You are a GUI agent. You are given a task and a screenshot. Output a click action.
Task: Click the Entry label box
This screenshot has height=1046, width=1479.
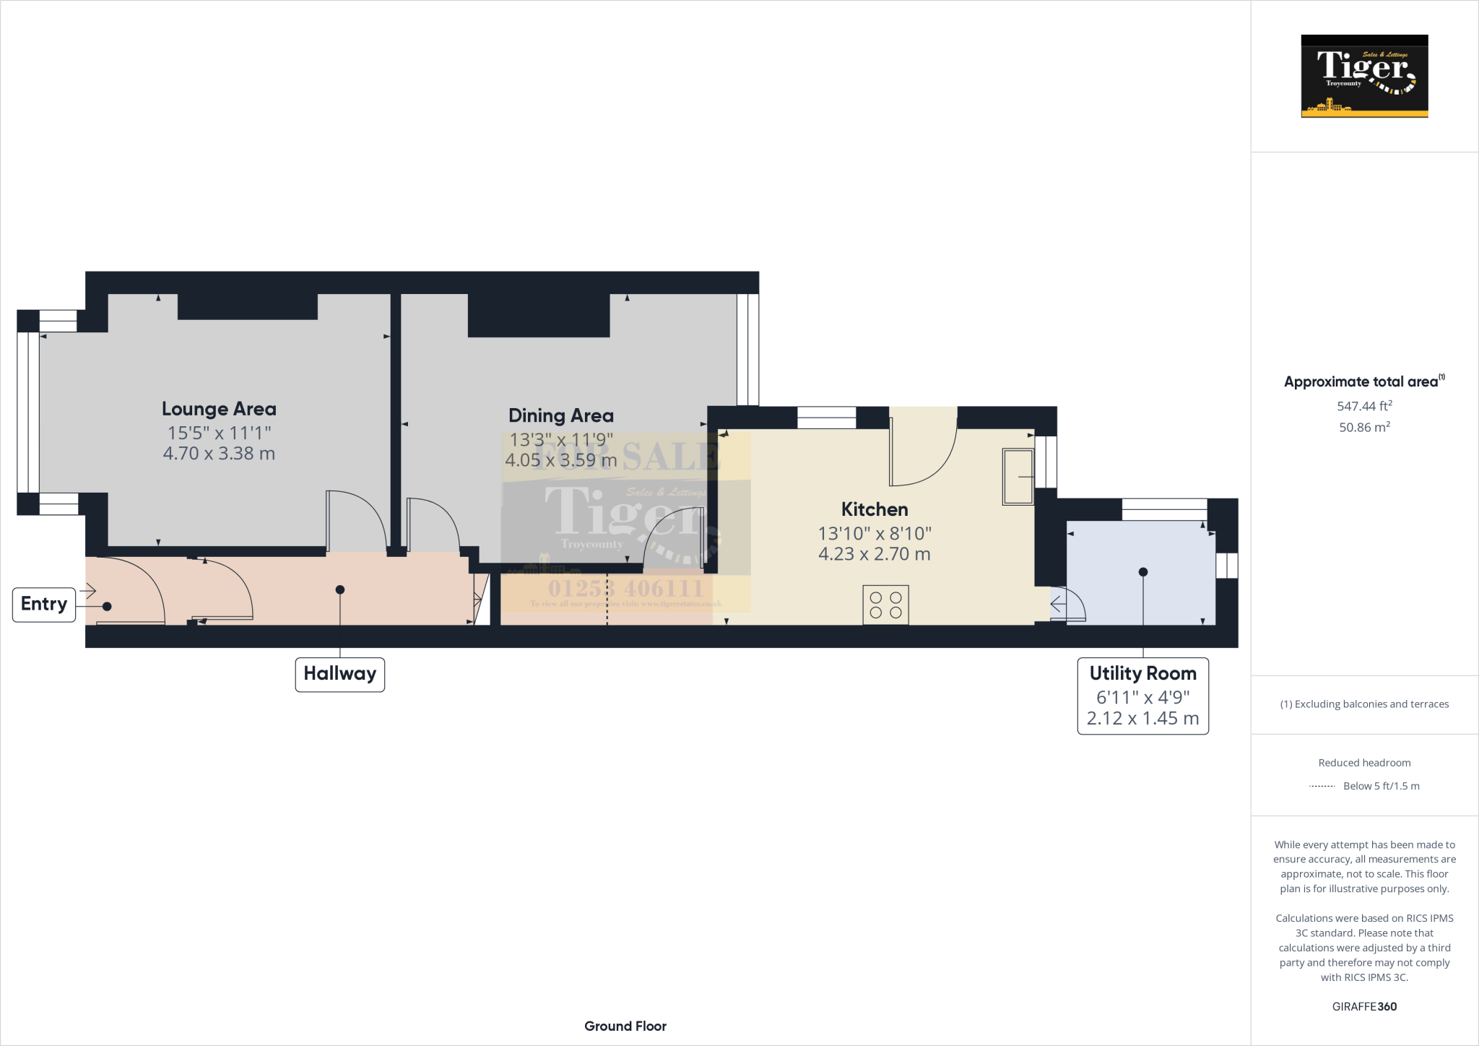tap(43, 605)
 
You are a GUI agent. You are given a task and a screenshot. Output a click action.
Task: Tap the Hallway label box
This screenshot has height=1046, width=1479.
tap(339, 674)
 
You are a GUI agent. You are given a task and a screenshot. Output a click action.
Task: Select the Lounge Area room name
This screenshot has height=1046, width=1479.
tap(219, 409)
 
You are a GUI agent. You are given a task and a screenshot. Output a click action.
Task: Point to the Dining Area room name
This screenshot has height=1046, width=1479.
tap(560, 415)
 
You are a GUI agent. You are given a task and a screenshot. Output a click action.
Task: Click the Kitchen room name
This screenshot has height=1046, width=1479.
tap(874, 509)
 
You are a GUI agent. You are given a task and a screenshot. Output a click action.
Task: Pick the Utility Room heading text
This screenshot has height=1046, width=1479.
tap(1142, 673)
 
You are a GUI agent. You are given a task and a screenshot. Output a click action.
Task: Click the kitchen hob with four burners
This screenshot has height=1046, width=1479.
tap(885, 605)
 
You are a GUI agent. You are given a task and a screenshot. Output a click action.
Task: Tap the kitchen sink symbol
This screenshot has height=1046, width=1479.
tap(1018, 476)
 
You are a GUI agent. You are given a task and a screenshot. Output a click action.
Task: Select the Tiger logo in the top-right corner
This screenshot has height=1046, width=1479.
tap(1364, 76)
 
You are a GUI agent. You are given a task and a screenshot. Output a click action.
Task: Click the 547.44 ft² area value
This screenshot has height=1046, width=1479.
tap(1364, 406)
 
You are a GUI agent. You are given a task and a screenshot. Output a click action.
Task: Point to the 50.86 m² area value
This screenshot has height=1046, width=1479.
tap(1364, 427)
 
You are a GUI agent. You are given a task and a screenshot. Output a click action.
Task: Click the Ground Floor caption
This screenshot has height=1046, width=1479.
tap(625, 1026)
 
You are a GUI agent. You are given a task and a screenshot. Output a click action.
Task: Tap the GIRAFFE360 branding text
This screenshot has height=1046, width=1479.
tap(1364, 1006)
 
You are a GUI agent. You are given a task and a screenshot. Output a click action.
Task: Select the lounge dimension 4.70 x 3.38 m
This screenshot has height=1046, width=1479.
tap(219, 454)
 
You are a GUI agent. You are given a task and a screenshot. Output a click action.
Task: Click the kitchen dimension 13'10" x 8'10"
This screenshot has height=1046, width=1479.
tap(874, 533)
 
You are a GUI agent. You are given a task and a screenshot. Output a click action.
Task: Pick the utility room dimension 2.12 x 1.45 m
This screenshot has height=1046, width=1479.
tap(1142, 718)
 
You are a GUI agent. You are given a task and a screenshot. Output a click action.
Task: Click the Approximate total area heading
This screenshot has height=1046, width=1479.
tap(1361, 382)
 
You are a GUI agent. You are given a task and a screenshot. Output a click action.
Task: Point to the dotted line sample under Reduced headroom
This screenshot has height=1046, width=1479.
tap(1322, 786)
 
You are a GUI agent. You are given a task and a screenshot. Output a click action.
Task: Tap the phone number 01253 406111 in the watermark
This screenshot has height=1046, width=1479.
tap(625, 588)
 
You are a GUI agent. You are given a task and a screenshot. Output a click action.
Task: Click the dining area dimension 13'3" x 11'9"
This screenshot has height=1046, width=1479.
tap(561, 439)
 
